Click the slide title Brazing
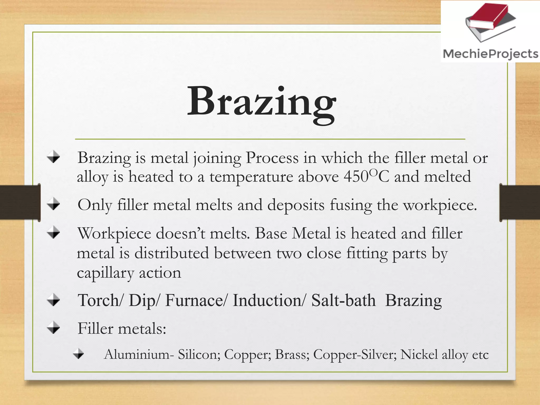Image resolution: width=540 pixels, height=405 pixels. (261, 103)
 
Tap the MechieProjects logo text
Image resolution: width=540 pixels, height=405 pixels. (490, 54)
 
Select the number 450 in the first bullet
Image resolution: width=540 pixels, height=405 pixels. (356, 177)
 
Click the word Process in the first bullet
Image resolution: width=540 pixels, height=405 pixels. (272, 158)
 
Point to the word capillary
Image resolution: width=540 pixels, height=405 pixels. (105, 273)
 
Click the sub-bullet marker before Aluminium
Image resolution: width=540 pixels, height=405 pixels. (79, 354)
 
